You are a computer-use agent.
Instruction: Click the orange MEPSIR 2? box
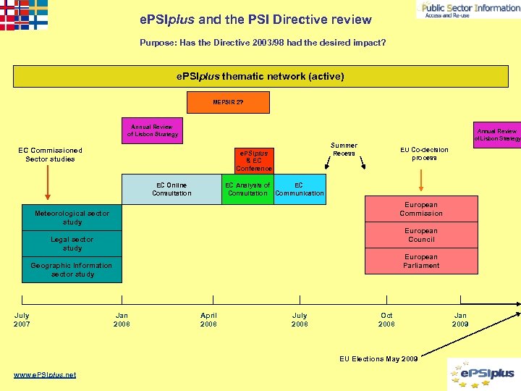pos(228,103)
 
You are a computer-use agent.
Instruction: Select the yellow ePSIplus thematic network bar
pos(260,76)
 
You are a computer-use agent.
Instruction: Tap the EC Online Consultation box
pos(171,189)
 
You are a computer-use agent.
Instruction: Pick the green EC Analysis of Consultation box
pos(247,189)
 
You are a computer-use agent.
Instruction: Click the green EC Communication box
pos(300,189)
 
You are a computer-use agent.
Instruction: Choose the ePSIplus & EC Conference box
pos(254,161)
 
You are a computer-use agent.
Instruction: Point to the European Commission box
pos(420,209)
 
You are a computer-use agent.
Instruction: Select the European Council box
pos(420,235)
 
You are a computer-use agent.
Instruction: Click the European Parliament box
pos(420,261)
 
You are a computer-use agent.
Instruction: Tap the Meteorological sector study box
pos(72,218)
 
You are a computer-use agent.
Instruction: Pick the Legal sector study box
pos(72,244)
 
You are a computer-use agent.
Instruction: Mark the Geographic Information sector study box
pos(72,270)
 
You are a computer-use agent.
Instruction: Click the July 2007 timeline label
pos(22,319)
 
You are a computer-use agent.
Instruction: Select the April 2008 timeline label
pos(208,319)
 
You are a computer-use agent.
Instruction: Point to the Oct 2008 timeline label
pos(386,319)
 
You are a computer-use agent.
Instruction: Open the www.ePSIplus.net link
pos(45,374)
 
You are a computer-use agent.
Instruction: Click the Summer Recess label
pos(344,149)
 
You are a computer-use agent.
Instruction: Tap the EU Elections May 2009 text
pos(378,359)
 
